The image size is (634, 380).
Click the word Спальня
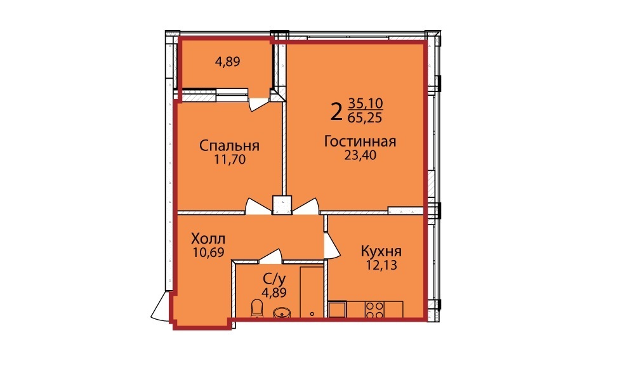[229, 146]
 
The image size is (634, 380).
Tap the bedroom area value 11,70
[230, 160]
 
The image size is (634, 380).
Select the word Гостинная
[360, 141]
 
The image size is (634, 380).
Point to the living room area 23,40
[360, 155]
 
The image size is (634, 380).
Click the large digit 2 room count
[336, 112]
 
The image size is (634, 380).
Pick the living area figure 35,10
[366, 103]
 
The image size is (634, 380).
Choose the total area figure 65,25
[365, 117]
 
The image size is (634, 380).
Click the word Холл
[208, 238]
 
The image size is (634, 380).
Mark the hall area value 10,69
[209, 252]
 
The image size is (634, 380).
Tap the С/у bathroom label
[275, 279]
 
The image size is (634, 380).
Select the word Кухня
[381, 251]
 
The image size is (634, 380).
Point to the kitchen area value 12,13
[381, 266]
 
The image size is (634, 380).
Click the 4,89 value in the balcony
[228, 62]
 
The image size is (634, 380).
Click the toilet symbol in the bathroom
[257, 308]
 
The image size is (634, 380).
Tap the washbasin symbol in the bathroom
[282, 312]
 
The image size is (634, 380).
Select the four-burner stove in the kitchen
[374, 309]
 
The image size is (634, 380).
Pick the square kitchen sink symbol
[337, 309]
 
